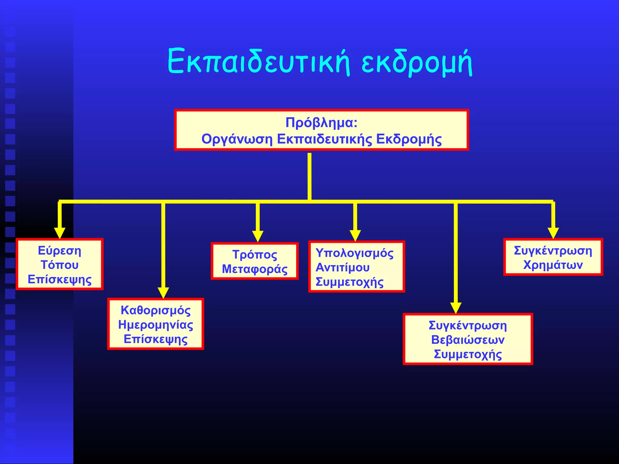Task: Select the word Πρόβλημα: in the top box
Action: point(322,123)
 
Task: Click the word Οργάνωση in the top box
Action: point(237,139)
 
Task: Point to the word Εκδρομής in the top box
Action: point(409,139)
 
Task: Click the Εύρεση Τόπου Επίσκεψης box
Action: point(60,265)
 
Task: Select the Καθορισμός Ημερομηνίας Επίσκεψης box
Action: point(156,324)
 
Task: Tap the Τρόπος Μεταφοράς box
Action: point(254,262)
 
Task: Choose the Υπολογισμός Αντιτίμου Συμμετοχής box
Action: point(356,267)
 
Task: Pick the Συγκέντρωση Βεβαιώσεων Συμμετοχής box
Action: point(468,339)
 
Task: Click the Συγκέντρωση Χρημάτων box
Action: point(553,257)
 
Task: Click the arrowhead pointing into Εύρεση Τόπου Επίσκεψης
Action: point(60,233)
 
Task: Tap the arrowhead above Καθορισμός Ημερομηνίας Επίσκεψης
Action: point(163,293)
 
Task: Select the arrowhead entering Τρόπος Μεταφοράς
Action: point(258,236)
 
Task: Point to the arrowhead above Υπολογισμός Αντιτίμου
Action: point(355,236)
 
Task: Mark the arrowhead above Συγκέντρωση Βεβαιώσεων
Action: point(456,308)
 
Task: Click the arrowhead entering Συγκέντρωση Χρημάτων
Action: point(553,233)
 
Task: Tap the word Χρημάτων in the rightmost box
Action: point(553,265)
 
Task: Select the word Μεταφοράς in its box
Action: point(254,269)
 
